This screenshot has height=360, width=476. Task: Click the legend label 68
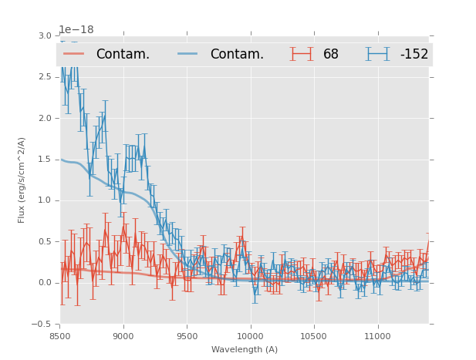(331, 54)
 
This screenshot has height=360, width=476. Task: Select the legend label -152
(414, 54)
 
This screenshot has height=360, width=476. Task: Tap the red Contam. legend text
(123, 54)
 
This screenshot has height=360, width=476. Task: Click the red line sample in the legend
(75, 54)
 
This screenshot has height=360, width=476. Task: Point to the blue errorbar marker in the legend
(378, 54)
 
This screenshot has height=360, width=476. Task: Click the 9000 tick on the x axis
(123, 336)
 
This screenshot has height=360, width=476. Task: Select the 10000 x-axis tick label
(250, 336)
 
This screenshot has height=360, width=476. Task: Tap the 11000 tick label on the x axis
(377, 336)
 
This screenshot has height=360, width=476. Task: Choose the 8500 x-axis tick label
(60, 336)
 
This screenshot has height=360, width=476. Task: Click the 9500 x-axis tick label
(187, 336)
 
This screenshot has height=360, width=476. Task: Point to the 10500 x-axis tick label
(313, 336)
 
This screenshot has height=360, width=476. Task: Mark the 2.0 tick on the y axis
(45, 118)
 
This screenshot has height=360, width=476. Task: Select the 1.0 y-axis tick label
(45, 200)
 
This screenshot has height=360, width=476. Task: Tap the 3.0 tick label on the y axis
(45, 35)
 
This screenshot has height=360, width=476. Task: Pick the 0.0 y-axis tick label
(45, 283)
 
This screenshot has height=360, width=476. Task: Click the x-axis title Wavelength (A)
(244, 350)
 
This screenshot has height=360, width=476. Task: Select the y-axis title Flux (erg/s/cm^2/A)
(22, 180)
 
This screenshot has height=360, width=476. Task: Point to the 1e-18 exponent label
(76, 29)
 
